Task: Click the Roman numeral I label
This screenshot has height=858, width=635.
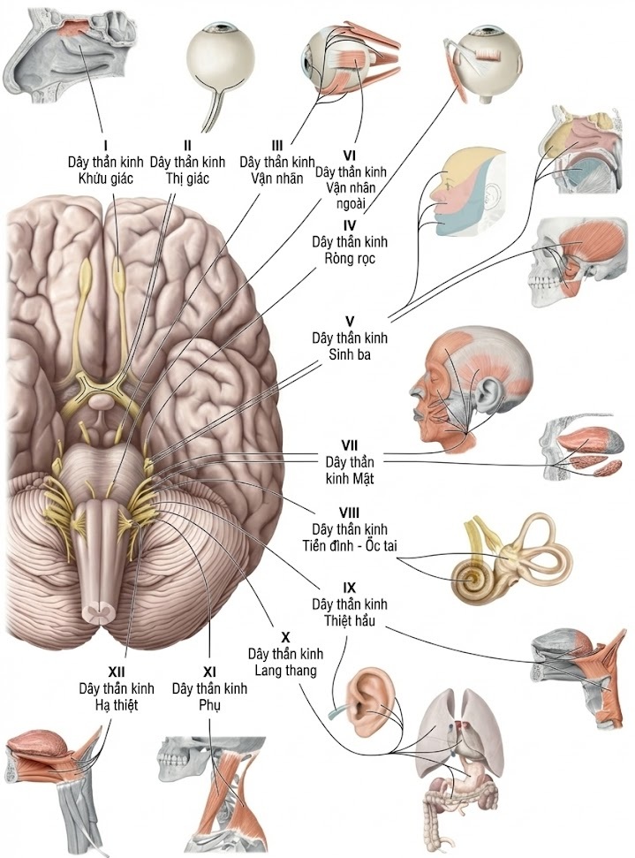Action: [x=105, y=144]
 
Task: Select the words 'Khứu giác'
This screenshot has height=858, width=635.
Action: [x=105, y=178]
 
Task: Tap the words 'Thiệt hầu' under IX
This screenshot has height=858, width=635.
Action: [x=350, y=619]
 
